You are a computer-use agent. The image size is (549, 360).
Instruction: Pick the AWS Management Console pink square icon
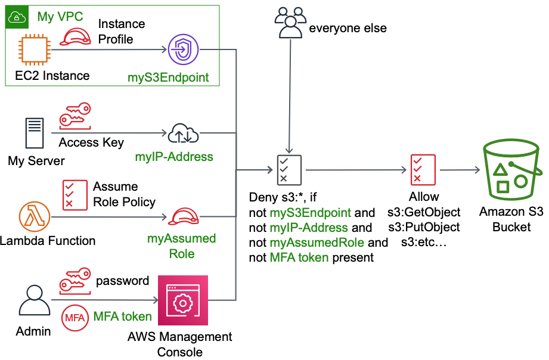183,300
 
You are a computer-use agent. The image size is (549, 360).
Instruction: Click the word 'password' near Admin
122,281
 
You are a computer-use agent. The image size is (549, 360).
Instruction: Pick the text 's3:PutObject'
423,228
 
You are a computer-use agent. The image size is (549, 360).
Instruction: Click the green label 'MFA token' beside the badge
122,316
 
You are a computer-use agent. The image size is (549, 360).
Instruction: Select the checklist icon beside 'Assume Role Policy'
75,194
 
